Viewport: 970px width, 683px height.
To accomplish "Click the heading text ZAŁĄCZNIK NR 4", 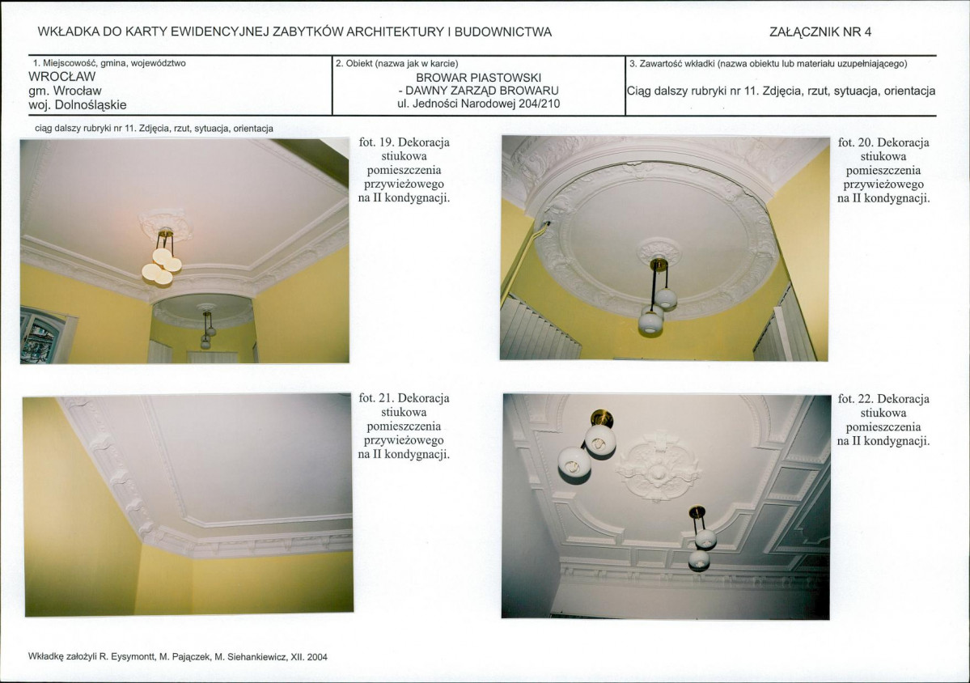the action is tap(820, 32).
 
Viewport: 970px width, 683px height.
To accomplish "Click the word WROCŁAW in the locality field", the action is tap(61, 77).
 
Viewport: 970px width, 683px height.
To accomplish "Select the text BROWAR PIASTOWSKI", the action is tap(478, 78).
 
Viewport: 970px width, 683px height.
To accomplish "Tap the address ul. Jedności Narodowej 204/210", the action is tap(478, 104).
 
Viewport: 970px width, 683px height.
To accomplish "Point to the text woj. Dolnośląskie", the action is tap(78, 105).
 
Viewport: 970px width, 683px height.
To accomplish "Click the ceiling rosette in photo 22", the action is tap(657, 467).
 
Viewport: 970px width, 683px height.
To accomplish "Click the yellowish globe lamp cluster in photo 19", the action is tap(162, 264).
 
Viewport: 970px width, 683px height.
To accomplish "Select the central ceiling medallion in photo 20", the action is tap(659, 250).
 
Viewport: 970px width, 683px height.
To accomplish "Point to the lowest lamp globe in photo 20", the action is tap(650, 324).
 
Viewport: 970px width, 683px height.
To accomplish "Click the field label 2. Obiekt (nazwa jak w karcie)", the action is tap(396, 63).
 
